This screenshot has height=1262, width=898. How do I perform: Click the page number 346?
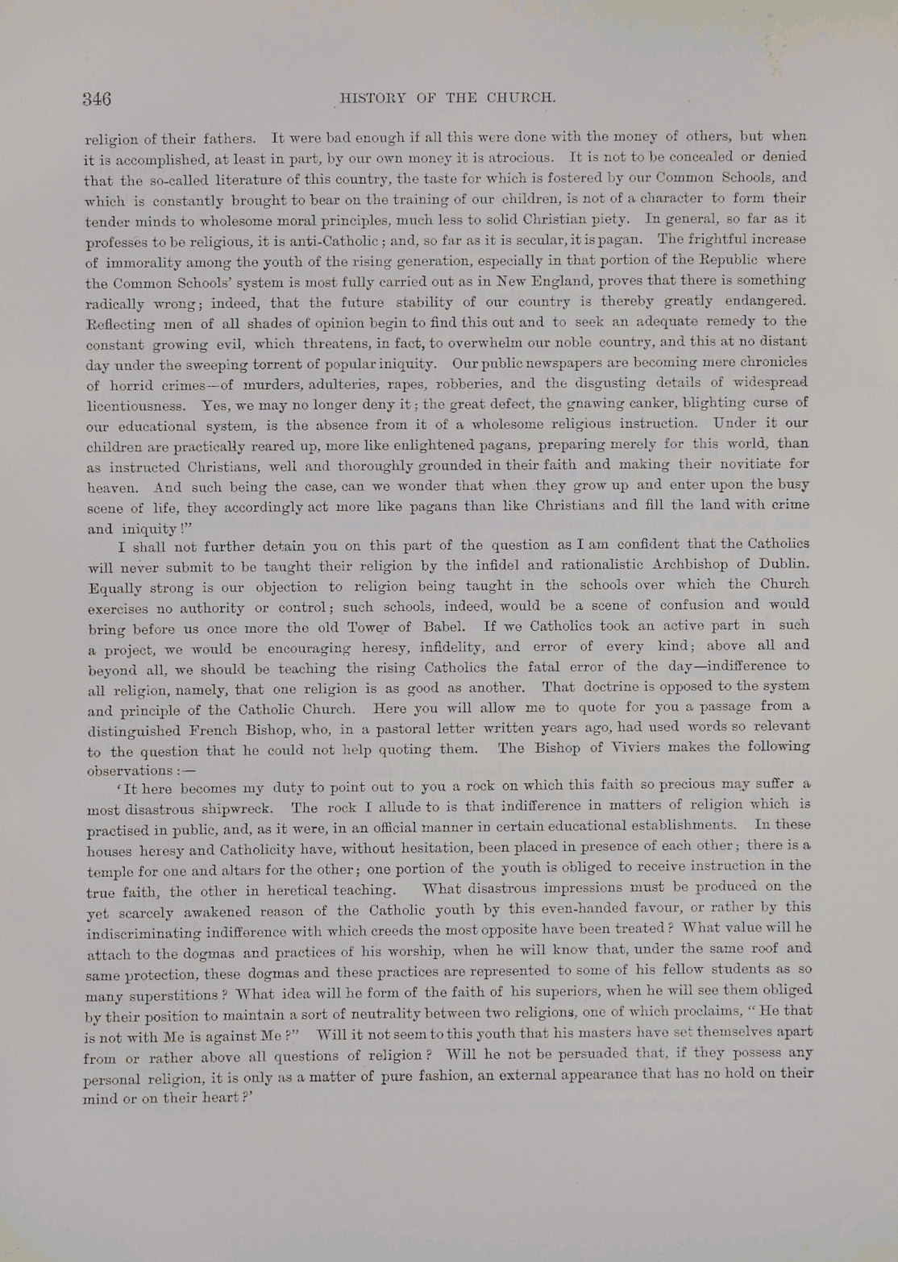click(x=97, y=99)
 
